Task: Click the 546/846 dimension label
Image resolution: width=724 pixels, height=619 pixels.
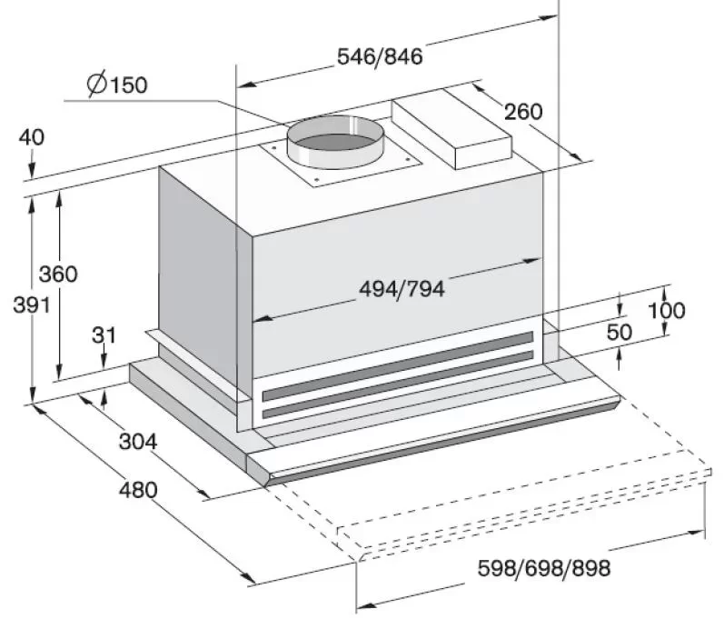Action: tap(380, 56)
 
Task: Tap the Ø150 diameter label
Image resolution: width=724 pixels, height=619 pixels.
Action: tap(117, 85)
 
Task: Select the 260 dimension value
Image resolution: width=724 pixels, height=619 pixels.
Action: tap(522, 112)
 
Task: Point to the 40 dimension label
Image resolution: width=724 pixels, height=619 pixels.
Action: tap(31, 137)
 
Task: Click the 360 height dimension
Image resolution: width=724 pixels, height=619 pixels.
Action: tap(58, 274)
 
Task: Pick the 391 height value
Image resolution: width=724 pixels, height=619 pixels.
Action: tap(31, 305)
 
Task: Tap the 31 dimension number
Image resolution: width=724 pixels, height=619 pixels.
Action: tap(104, 334)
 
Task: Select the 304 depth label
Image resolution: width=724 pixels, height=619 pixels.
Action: tap(138, 442)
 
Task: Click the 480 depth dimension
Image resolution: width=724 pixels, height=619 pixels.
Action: tap(138, 490)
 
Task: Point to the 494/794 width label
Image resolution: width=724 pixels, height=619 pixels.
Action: tap(402, 289)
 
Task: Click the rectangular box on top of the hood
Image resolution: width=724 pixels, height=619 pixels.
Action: tap(451, 127)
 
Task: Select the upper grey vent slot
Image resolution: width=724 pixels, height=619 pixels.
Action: tap(397, 365)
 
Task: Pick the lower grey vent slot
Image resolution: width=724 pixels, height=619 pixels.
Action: tap(397, 388)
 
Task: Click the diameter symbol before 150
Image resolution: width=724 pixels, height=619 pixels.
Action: tap(95, 85)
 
